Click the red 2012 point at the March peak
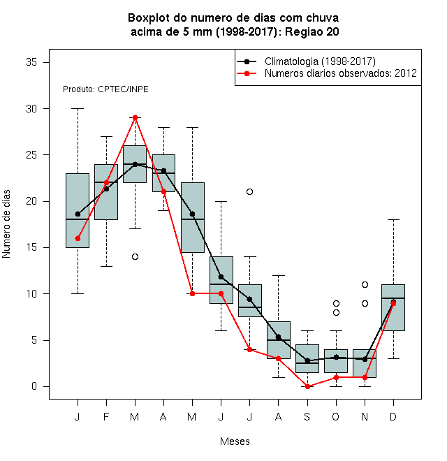[x=135, y=117]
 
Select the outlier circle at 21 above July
[x=249, y=191]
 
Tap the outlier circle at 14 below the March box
[x=135, y=256]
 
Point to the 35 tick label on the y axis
[x=31, y=62]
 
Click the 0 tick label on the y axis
[x=34, y=386]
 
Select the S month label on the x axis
[x=307, y=416]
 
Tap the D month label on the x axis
[x=393, y=416]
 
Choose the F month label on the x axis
[x=106, y=416]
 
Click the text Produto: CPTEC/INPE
[x=105, y=89]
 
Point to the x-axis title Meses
[x=235, y=441]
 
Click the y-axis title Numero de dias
[x=6, y=224]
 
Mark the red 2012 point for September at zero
[x=307, y=386]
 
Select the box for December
[x=393, y=307]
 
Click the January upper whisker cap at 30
[x=78, y=108]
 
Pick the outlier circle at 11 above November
[x=365, y=284]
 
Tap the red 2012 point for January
[x=78, y=238]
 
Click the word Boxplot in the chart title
[x=149, y=18]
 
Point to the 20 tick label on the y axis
[x=31, y=201]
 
